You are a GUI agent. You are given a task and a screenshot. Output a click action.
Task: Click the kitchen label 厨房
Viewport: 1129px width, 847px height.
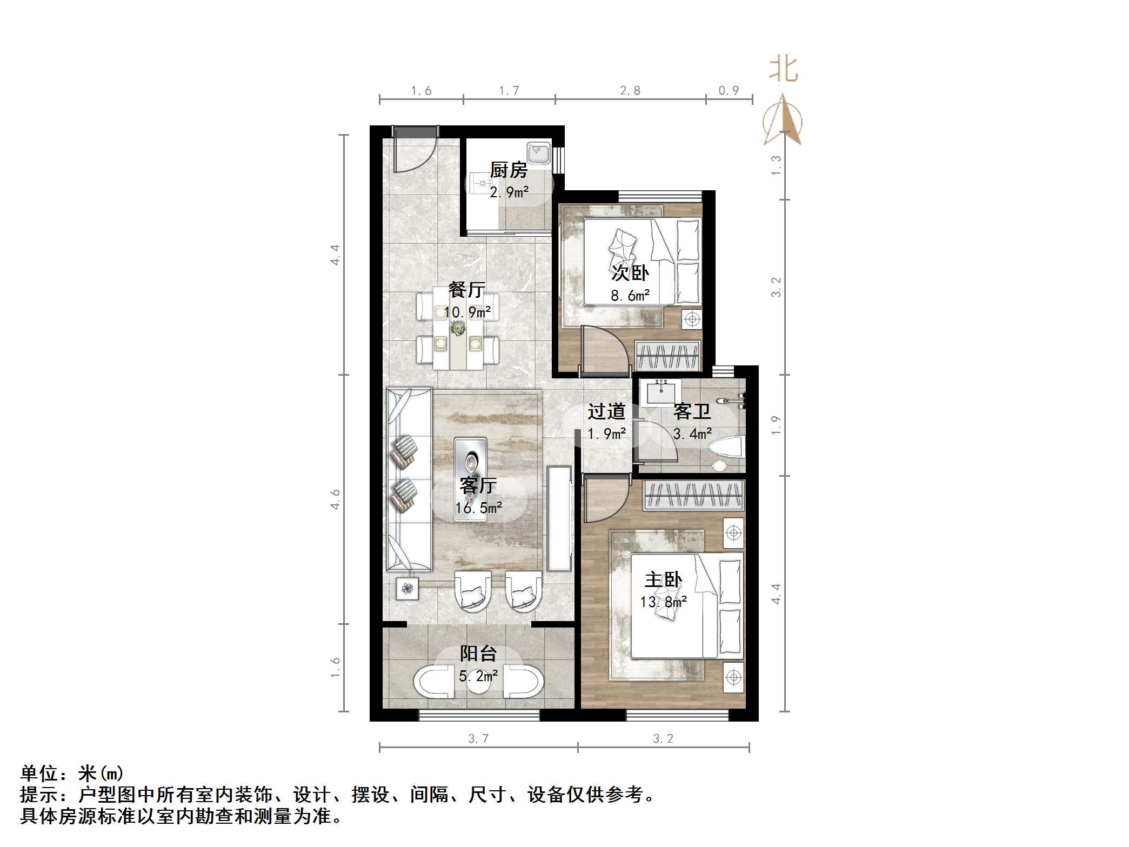click(508, 170)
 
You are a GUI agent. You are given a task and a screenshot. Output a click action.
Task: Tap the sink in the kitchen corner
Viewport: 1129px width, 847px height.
click(538, 154)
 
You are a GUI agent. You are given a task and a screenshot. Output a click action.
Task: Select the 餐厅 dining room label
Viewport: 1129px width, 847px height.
click(466, 290)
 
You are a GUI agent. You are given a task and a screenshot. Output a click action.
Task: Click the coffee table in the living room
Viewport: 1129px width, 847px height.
click(470, 479)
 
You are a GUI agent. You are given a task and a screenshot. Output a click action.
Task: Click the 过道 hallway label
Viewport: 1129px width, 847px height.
click(606, 412)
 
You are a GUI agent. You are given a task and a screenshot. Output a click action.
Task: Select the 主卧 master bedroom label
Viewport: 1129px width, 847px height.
click(663, 580)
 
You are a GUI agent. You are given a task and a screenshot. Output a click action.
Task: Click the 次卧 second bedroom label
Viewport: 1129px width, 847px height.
click(630, 273)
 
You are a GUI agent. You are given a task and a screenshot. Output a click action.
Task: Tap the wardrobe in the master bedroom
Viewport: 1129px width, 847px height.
click(693, 496)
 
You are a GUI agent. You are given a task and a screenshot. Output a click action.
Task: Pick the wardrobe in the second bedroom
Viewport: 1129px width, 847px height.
click(667, 356)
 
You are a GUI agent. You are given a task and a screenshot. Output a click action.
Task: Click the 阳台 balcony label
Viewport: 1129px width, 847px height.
click(478, 653)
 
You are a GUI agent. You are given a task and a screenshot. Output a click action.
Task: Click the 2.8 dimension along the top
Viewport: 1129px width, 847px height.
click(630, 91)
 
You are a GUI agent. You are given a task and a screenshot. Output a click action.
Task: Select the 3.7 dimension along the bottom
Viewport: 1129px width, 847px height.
click(478, 738)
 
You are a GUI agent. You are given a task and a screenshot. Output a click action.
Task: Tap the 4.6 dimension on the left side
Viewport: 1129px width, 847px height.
click(336, 499)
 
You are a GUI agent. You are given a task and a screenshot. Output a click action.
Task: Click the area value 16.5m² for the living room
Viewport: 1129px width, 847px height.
click(478, 508)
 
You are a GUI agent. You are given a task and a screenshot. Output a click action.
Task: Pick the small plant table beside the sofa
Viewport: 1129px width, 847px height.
click(407, 588)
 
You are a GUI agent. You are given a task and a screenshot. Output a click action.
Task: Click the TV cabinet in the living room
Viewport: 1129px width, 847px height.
click(559, 519)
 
